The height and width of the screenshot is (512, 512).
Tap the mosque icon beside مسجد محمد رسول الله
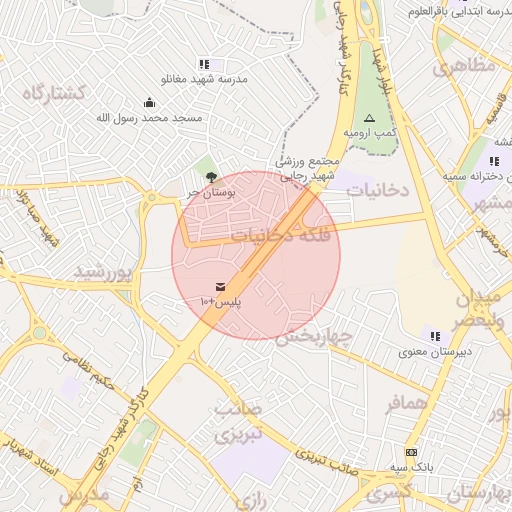coord(149,102)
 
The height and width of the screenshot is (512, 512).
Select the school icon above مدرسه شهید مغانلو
coord(205,64)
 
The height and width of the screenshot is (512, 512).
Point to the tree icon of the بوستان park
coord(210,177)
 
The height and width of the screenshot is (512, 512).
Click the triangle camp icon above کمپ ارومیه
coord(369,117)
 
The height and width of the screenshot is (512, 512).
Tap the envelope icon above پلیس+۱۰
coord(220,287)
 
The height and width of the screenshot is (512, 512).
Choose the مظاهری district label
coord(464,68)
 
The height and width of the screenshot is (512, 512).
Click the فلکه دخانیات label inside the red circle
coord(275,236)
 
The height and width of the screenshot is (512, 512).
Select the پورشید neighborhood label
coord(103,272)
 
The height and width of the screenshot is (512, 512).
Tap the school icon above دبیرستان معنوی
coord(434,336)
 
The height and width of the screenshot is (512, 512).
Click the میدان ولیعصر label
coord(482,310)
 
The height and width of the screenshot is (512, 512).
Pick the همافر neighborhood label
coord(407,402)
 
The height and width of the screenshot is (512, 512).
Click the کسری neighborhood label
coord(387,493)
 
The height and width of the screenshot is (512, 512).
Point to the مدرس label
coord(82,495)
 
